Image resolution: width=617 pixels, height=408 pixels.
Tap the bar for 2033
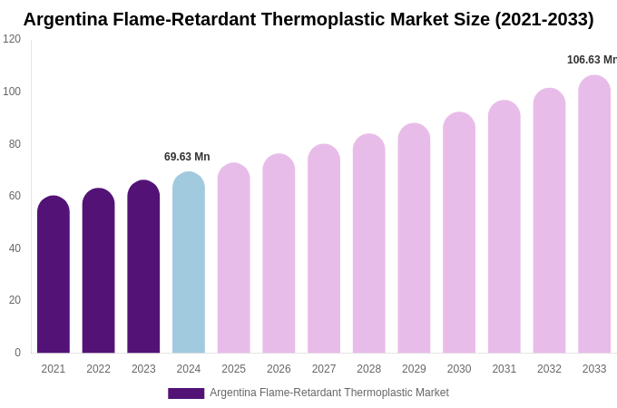click(594, 215)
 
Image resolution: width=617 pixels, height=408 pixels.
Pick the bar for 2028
click(369, 244)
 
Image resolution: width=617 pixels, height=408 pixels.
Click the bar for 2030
click(459, 233)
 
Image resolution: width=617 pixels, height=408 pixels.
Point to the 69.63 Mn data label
click(187, 157)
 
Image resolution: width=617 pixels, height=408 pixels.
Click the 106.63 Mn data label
click(592, 60)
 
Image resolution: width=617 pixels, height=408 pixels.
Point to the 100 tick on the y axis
click(12, 92)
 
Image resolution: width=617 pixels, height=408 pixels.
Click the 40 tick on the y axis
click(15, 248)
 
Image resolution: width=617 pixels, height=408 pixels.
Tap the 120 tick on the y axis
click(12, 39)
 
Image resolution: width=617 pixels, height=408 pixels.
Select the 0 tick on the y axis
click(17, 353)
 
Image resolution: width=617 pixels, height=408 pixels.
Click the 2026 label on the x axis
click(279, 369)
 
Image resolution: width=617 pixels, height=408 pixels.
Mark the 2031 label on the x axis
click(504, 369)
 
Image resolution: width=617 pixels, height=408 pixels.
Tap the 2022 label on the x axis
click(99, 369)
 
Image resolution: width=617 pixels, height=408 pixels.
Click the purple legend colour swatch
click(186, 393)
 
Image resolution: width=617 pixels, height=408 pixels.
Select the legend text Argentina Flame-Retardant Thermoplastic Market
click(329, 393)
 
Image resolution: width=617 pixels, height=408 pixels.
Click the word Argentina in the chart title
click(66, 19)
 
